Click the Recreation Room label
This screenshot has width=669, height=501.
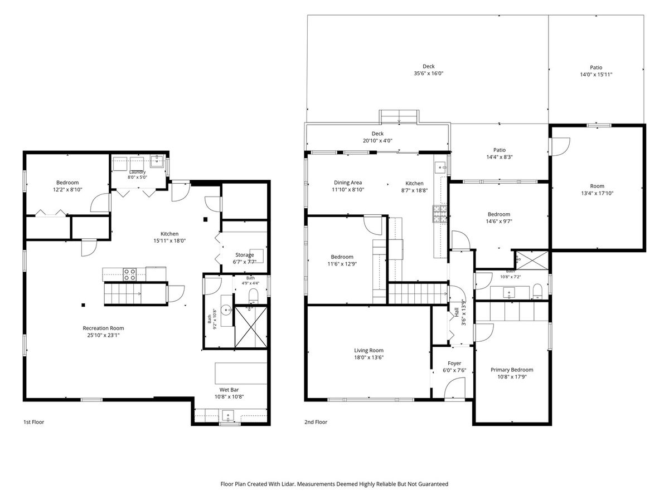tap(103, 328)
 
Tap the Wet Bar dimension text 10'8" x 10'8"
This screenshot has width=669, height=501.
tap(229, 397)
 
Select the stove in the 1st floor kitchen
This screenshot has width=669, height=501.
tap(129, 274)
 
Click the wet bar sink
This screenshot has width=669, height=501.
tap(227, 415)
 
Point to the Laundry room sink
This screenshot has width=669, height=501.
tap(157, 161)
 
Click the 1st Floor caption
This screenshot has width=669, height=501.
tap(34, 422)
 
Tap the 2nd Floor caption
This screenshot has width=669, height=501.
tap(316, 422)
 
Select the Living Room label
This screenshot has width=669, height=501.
tap(369, 351)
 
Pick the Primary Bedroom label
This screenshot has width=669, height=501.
tap(512, 370)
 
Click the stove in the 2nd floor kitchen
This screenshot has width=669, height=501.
tap(440, 214)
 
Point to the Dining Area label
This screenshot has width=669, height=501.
tap(348, 183)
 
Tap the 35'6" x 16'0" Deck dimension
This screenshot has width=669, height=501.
tap(429, 73)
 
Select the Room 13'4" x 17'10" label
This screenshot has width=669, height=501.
tap(597, 189)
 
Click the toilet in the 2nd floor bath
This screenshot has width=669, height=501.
tap(537, 292)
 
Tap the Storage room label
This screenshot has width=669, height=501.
tap(244, 255)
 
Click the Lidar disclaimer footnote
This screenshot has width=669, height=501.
tap(334, 484)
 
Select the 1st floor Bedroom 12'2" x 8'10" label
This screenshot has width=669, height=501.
tap(67, 186)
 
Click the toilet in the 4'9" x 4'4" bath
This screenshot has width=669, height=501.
tap(253, 296)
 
